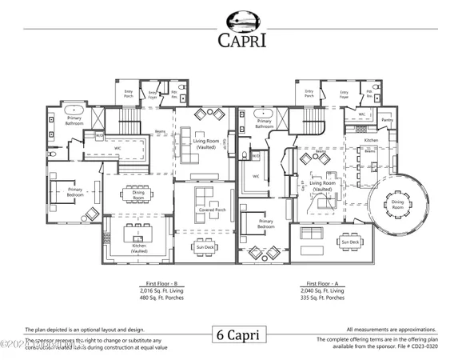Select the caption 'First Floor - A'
pyautogui.click(x=324, y=284)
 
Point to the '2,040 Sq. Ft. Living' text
pyautogui.click(x=324, y=291)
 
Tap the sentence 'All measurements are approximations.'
pyautogui.click(x=392, y=330)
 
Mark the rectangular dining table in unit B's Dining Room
pyautogui.click(x=133, y=193)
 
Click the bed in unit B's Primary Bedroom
pyautogui.click(x=63, y=190)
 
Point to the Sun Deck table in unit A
pyautogui.click(x=349, y=242)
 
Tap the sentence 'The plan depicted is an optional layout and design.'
pyautogui.click(x=86, y=330)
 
